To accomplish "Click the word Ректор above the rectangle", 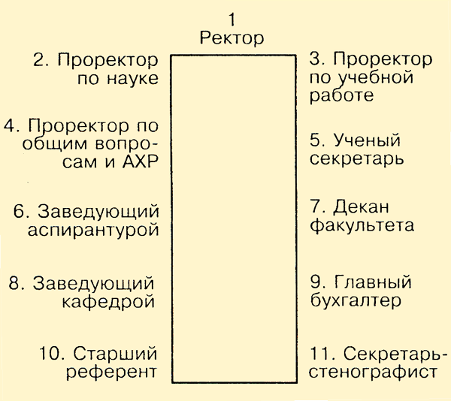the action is click(232, 39).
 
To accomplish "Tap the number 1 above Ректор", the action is click(232, 20).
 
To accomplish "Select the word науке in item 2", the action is click(132, 78).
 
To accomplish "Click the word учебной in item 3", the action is click(375, 79).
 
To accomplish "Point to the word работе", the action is click(342, 95).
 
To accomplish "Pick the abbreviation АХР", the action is click(141, 161).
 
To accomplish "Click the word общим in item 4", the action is click(54, 143).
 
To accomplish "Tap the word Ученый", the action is click(367, 140).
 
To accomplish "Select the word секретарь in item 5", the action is click(356, 159).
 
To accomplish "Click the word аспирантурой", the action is click(93, 231).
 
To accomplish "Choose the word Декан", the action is click(361, 207).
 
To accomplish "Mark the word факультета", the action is click(362, 226).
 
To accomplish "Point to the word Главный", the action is click(373, 282).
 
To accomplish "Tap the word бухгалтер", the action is click(356, 300).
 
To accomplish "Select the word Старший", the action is click(115, 354).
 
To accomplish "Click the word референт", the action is click(111, 372).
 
